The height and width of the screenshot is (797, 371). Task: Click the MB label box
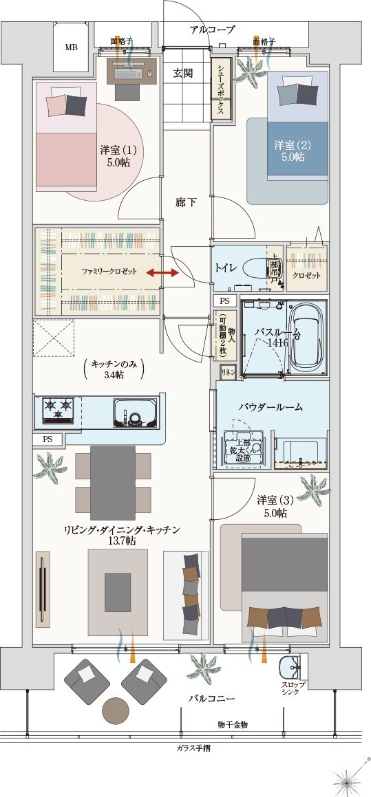pyautogui.click(x=72, y=47)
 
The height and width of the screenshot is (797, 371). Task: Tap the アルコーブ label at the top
pyautogui.click(x=213, y=30)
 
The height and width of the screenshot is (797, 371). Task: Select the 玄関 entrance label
pyautogui.click(x=183, y=74)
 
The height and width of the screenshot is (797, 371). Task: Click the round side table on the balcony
pyautogui.click(x=115, y=708)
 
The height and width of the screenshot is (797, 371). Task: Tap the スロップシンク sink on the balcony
pyautogui.click(x=289, y=666)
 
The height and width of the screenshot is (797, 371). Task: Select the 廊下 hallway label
pyautogui.click(x=186, y=202)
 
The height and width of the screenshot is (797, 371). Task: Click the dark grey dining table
pyautogui.click(x=113, y=482)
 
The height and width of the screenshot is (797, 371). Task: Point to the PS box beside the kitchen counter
pyautogui.click(x=47, y=439)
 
